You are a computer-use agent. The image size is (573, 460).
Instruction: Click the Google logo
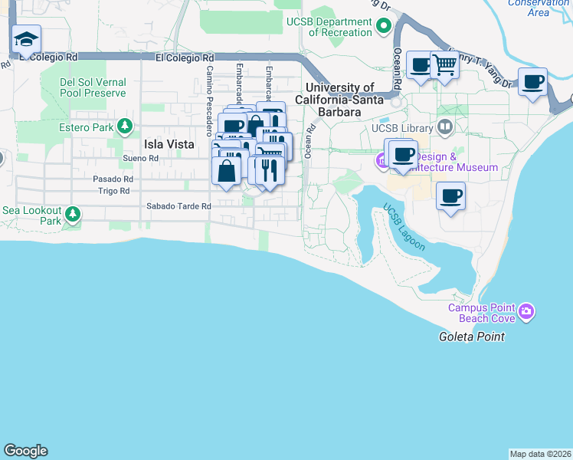25,451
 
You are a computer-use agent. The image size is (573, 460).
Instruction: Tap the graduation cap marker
27,41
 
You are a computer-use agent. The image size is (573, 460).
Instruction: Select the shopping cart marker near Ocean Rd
444,65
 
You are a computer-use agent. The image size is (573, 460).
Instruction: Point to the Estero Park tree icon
124,127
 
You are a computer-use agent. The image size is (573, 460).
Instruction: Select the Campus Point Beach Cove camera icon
526,311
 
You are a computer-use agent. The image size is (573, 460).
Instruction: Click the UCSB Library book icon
444,127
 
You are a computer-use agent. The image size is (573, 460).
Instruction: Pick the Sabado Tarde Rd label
178,206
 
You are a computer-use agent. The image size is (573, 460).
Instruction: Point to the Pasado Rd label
113,179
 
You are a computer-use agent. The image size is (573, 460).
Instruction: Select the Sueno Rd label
140,158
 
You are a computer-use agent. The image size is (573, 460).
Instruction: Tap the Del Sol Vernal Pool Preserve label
93,87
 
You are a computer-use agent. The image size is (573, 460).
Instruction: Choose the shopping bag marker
227,169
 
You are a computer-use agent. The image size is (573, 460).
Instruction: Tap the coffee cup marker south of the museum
450,195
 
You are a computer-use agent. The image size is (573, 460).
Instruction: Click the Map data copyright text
540,454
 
